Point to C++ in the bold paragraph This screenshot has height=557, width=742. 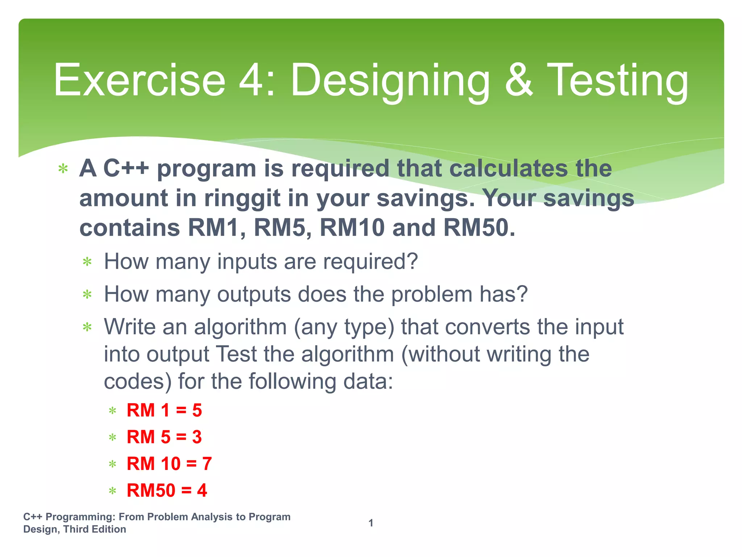126,169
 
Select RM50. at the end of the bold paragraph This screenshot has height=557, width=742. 479,228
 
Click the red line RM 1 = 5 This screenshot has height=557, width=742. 164,410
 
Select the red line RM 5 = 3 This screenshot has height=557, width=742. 164,437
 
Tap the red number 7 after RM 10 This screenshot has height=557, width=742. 207,463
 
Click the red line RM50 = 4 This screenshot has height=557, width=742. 167,490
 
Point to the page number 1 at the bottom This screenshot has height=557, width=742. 371,523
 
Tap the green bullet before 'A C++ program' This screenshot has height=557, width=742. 63,169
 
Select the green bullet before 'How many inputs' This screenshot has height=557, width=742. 87,262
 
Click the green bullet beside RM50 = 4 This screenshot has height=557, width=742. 112,491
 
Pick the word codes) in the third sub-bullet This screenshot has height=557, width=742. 138,381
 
